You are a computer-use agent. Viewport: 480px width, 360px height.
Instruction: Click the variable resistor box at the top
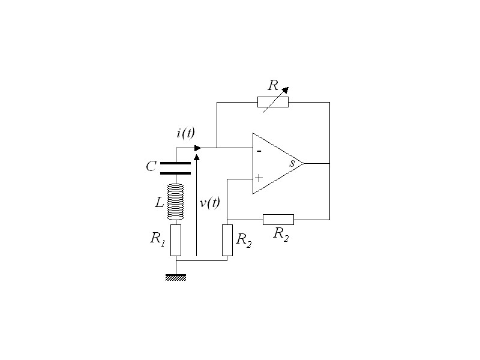point(273,102)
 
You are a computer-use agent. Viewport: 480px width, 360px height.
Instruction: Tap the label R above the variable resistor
point(272,85)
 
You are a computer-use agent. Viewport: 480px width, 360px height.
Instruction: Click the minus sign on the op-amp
point(259,151)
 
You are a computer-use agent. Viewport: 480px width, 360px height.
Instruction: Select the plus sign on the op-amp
point(259,178)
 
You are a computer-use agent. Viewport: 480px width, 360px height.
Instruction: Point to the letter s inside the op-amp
point(292,163)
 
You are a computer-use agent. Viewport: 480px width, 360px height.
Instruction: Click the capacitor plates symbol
point(176,167)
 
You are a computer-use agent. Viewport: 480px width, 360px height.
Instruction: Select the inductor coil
point(175,202)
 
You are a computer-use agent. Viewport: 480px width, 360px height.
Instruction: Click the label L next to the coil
point(159,203)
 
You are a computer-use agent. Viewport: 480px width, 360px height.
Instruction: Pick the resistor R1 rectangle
point(176,240)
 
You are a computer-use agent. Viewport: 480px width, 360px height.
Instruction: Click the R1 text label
point(157,238)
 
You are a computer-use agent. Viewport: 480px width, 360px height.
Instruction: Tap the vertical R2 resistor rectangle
point(227,240)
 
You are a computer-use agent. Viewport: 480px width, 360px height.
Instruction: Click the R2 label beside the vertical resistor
point(244,239)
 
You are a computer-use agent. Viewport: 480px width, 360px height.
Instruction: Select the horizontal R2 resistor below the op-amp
point(278,219)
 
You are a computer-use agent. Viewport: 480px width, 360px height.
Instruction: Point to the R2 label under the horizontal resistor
point(281,235)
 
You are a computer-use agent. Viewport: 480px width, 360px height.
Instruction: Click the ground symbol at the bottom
point(176,277)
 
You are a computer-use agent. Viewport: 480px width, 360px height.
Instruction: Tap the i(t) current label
point(185,133)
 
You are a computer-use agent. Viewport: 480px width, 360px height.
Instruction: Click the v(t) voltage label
point(209,203)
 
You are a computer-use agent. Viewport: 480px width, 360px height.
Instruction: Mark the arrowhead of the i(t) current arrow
point(197,148)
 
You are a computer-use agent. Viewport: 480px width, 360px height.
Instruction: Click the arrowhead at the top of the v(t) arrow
point(196,157)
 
